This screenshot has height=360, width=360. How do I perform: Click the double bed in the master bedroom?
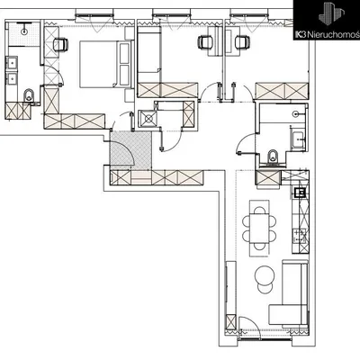tap(103, 64)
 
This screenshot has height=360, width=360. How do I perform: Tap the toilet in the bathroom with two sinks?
tap(29, 95)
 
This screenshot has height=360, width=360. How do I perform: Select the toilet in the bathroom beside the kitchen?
tap(273, 157)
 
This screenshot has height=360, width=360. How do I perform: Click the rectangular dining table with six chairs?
tap(259, 229)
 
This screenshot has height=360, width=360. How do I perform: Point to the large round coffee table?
tap(265, 275)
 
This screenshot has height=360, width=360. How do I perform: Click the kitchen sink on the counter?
tap(300, 192)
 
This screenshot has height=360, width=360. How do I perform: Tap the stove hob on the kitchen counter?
tap(299, 237)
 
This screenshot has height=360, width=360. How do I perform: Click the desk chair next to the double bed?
tap(60, 44)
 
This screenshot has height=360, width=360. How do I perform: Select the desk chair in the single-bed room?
tap(205, 41)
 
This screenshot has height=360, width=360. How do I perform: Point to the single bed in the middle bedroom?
tap(148, 54)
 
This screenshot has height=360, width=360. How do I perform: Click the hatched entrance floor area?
tap(130, 150)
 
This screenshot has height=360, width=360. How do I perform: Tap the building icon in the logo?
tap(331, 14)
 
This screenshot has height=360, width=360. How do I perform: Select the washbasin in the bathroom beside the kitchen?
tap(298, 139)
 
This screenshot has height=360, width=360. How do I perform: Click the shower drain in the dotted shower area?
tap(24, 31)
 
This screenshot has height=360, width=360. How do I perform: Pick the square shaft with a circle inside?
tap(148, 119)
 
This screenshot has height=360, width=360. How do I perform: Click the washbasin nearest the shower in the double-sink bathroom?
tap(12, 63)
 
